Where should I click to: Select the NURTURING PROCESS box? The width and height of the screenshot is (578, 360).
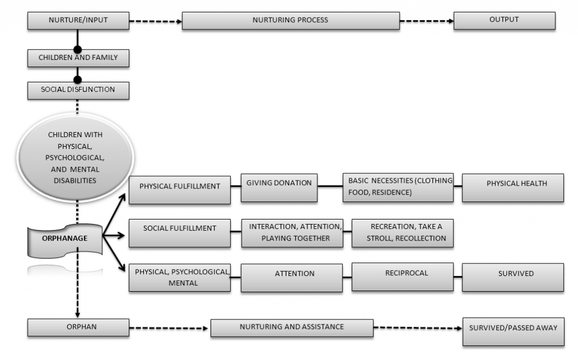290,21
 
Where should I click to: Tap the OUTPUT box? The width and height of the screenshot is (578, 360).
504,21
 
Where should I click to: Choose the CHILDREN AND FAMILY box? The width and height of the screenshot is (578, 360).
77,58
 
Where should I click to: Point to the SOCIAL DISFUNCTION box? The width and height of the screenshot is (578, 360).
77,90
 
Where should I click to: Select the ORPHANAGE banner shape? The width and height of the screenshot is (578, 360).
65,239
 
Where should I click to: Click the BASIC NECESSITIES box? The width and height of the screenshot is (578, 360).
398,187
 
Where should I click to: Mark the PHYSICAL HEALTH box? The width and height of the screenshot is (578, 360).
513,187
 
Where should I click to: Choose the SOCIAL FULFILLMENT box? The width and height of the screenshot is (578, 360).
179,232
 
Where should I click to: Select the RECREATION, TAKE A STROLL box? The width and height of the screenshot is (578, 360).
402,232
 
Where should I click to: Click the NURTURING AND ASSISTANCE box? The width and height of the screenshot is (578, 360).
291,328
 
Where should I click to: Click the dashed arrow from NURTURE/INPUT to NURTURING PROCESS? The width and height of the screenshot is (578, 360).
155,22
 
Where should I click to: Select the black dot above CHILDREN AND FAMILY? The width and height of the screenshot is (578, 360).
78,50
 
